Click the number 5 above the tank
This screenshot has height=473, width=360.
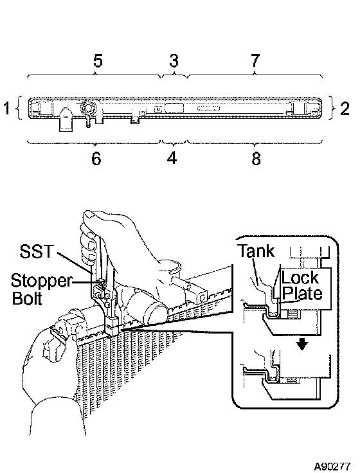pos(98,60)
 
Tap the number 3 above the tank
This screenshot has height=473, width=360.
pos(174,60)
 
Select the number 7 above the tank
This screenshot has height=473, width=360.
pos(255,60)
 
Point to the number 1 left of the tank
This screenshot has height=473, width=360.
pos(7,108)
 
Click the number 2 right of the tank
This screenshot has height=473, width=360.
pos(345,109)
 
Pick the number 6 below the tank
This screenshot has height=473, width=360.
pos(96,158)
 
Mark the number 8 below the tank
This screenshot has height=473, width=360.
pos(256,158)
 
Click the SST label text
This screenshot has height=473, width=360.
pos(37,251)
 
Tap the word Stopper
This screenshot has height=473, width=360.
pos(41,281)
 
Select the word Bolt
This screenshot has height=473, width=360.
pos(27,298)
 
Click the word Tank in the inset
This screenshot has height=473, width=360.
pos(256,251)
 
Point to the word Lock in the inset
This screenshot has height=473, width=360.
pos(300,278)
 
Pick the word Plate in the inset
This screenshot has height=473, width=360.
pos(302,293)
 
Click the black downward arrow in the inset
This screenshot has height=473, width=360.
pos(302,343)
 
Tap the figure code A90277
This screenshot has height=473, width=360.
pos(332,467)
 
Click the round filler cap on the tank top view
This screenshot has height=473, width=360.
pos(89,108)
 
